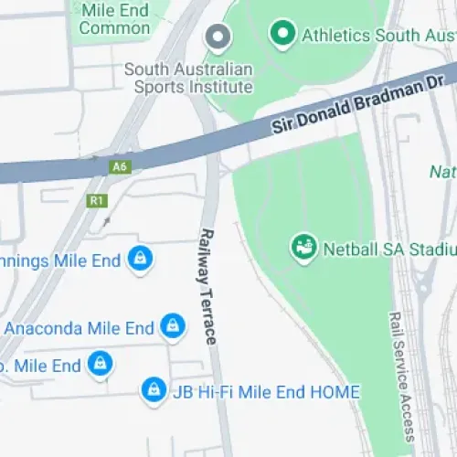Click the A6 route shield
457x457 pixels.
point(119,167)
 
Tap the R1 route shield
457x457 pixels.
point(96,199)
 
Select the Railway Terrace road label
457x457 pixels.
point(208,285)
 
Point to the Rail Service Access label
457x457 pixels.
point(399,375)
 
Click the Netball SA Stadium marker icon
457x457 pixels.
point(303,247)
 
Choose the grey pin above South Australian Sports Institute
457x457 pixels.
point(218,37)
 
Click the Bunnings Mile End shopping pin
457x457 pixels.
point(140,260)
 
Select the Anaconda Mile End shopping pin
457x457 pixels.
point(171,325)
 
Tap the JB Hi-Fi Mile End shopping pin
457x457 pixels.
point(153,390)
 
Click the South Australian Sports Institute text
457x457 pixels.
point(188,78)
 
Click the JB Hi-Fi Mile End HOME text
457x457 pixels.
point(266,391)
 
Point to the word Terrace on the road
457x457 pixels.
point(210,315)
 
